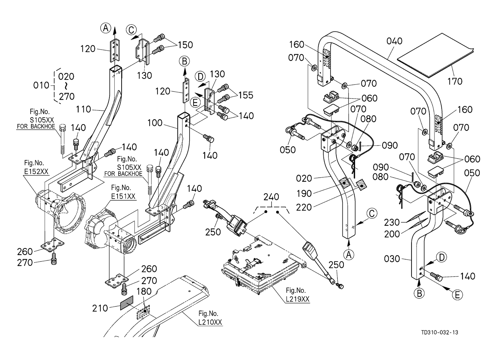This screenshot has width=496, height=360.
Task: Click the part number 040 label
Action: pyautogui.click(x=395, y=41)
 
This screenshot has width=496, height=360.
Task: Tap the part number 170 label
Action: pyautogui.click(x=455, y=81)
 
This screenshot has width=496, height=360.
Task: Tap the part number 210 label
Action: pyautogui.click(x=100, y=308)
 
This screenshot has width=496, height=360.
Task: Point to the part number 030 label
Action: pyautogui.click(x=392, y=259)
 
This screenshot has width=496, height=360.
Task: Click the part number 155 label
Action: pyautogui.click(x=245, y=95)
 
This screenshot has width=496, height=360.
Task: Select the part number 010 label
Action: pyautogui.click(x=41, y=86)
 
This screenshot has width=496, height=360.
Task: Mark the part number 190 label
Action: pyautogui.click(x=305, y=193)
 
